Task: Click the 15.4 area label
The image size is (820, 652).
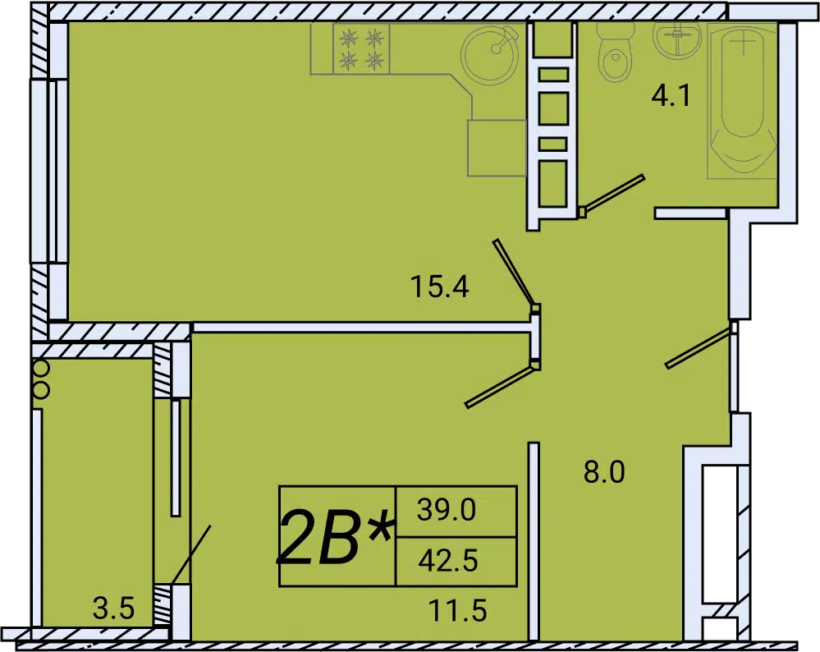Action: pyautogui.click(x=439, y=287)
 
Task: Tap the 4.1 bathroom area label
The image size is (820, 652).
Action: pyautogui.click(x=671, y=96)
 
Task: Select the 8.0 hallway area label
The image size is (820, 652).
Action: pyautogui.click(x=604, y=472)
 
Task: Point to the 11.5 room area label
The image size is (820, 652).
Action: pyautogui.click(x=457, y=610)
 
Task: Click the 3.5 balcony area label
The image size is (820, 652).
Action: pyautogui.click(x=113, y=608)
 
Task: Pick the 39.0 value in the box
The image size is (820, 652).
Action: pyautogui.click(x=447, y=510)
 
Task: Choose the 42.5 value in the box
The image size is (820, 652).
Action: pyautogui.click(x=448, y=560)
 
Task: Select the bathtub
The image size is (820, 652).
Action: pyautogui.click(x=742, y=100)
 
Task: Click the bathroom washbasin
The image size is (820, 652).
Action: pyautogui.click(x=677, y=39)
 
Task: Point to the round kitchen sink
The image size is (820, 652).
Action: pyautogui.click(x=491, y=54)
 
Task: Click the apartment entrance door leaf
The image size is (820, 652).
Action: pyautogui.click(x=699, y=346)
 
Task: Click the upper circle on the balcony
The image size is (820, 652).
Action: pyautogui.click(x=41, y=369)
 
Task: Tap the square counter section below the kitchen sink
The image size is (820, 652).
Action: pyautogui.click(x=497, y=148)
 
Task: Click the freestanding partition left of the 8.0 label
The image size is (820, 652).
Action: pyautogui.click(x=534, y=541)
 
